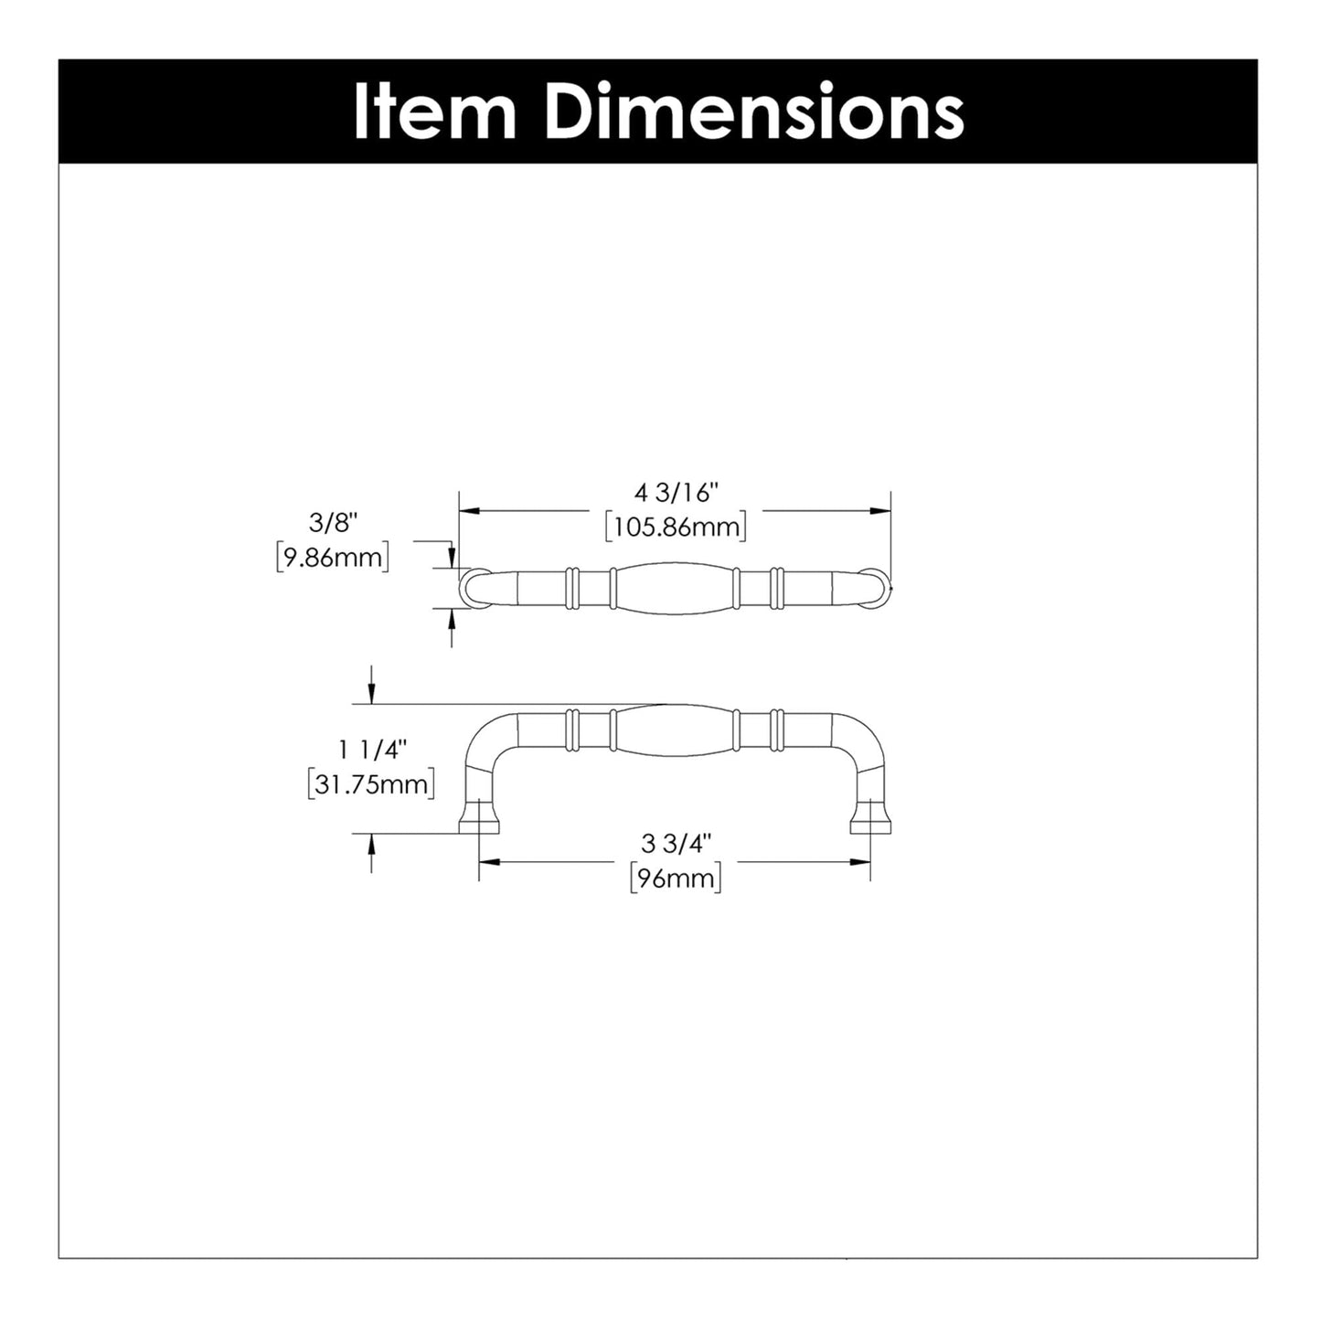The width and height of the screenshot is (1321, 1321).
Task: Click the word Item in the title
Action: pyautogui.click(x=434, y=112)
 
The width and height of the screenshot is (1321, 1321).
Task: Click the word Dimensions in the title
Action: pyautogui.click(x=754, y=112)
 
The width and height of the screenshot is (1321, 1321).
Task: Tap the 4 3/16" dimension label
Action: pyautogui.click(x=676, y=494)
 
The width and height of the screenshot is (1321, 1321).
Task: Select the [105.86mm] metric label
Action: pyautogui.click(x=676, y=527)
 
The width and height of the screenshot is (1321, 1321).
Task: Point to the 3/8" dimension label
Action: pyautogui.click(x=333, y=523)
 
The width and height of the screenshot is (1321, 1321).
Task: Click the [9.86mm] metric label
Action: pyautogui.click(x=333, y=557)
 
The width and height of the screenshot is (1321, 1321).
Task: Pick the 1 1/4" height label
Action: pyautogui.click(x=371, y=750)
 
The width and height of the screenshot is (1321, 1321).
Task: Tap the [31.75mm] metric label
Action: pyautogui.click(x=371, y=784)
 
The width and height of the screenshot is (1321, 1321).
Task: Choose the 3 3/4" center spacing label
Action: pyautogui.click(x=676, y=844)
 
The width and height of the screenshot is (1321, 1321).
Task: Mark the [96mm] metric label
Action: pyautogui.click(x=676, y=879)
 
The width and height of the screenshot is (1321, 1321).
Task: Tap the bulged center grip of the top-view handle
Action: pyautogui.click(x=674, y=588)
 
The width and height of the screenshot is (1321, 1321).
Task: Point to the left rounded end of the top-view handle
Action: pyautogui.click(x=473, y=587)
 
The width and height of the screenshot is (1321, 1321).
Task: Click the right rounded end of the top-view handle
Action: pyautogui.click(x=876, y=587)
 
